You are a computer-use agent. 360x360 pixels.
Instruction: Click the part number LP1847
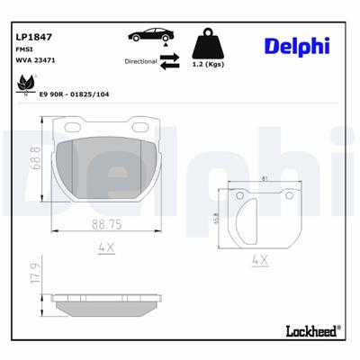point(31,38)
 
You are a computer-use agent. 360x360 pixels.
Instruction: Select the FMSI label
point(25,50)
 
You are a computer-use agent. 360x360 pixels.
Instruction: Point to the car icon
point(146,36)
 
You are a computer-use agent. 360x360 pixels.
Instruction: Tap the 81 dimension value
point(263,179)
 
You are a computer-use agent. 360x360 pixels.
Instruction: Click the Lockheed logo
point(310,331)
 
